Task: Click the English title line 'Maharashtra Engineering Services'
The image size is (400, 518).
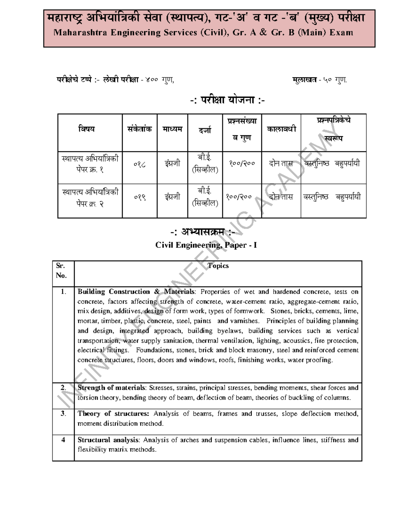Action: (203, 33)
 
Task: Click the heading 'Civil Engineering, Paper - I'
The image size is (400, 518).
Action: (206, 245)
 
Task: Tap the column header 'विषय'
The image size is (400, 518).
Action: (87, 129)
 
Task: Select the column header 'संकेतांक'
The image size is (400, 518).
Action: (139, 129)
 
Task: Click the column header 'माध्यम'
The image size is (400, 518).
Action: (172, 129)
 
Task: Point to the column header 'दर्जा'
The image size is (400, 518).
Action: (205, 130)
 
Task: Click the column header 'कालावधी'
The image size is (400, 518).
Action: (281, 129)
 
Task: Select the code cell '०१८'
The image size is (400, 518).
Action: (140, 164)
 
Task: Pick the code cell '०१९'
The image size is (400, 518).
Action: (140, 197)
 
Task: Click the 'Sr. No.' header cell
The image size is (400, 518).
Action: (61, 271)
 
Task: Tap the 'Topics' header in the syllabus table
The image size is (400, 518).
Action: (218, 266)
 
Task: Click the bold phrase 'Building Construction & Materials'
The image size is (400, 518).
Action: (136, 292)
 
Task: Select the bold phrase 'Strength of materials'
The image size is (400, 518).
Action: (112, 388)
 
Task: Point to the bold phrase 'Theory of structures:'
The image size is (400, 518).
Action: (113, 414)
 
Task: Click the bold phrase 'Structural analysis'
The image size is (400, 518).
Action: (109, 440)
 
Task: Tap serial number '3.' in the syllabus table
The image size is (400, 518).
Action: (63, 414)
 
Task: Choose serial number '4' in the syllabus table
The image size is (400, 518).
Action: (63, 440)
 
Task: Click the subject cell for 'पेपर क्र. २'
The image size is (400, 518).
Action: (90, 197)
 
